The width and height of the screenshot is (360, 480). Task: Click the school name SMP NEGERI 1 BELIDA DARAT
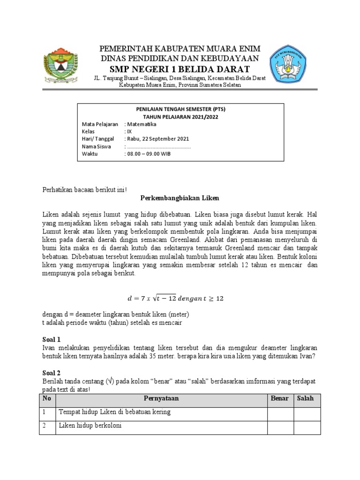(x=180, y=70)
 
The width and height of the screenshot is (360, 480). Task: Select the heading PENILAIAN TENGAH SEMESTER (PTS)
(x=180, y=109)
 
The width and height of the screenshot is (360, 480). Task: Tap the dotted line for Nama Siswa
(x=159, y=146)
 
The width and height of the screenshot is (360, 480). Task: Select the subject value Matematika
(x=142, y=124)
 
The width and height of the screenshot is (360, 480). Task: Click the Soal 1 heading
(x=47, y=339)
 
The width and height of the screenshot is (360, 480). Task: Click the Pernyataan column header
(x=161, y=398)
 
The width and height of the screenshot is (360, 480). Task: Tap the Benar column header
(x=280, y=398)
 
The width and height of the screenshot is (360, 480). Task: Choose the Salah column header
(x=307, y=398)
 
